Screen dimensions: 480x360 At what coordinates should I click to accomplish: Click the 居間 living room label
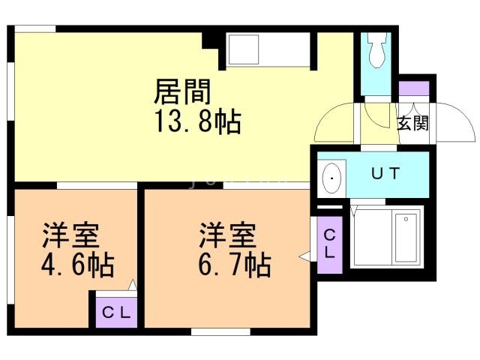182,91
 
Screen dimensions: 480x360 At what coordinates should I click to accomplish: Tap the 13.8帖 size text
198,121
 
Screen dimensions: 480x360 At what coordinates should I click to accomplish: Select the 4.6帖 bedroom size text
78,265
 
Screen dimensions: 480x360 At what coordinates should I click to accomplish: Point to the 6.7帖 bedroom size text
235,265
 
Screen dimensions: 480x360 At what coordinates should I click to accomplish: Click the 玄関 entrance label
412,123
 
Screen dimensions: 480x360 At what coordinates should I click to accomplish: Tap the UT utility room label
385,173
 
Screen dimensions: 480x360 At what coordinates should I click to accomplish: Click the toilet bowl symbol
376,50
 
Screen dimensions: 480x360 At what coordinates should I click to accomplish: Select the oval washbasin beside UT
331,178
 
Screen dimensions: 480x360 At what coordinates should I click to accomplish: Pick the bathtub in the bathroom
406,238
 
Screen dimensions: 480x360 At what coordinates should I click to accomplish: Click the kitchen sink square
242,49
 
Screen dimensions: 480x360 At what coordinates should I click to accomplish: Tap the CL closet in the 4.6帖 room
116,313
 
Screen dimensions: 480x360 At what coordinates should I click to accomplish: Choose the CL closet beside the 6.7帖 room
329,245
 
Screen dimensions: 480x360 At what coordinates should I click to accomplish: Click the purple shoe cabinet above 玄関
414,88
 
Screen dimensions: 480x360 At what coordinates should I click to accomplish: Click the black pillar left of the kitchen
210,40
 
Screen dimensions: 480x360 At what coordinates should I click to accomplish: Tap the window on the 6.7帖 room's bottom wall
220,331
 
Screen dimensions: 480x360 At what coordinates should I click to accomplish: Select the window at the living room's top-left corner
35,28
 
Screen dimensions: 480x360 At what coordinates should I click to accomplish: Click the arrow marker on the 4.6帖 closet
133,285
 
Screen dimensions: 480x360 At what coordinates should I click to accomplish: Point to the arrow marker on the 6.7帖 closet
305,256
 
